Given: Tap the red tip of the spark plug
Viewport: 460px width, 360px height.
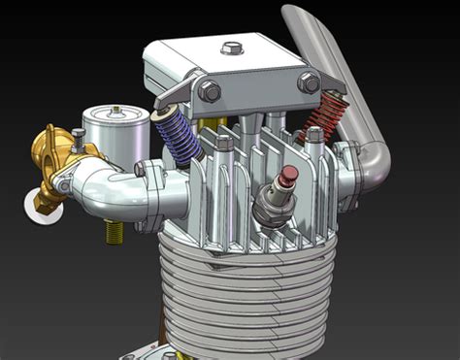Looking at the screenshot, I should tap(287, 176).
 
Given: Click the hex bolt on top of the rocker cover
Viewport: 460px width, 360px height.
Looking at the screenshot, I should tap(231, 47).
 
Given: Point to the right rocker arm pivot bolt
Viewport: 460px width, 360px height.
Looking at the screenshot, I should tap(310, 82).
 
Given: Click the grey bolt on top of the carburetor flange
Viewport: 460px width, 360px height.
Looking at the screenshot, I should tap(79, 134).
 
